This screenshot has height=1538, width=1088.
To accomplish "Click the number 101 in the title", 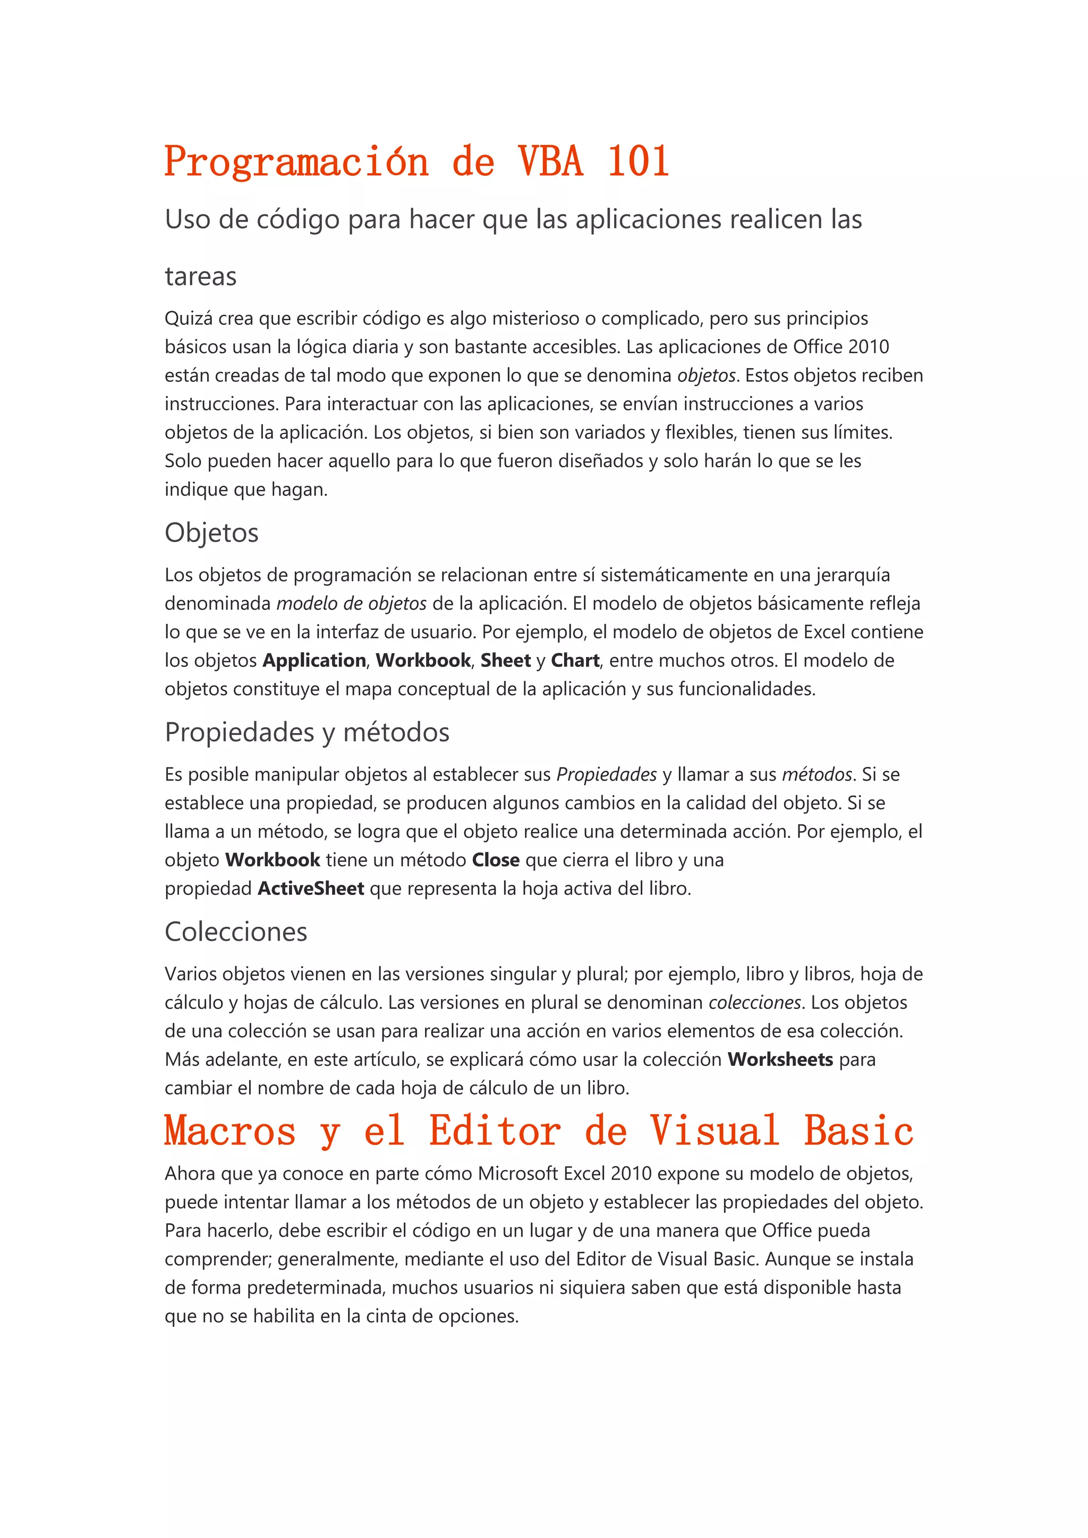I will tap(638, 161).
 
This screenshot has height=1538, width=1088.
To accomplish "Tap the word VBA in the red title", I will tap(550, 161).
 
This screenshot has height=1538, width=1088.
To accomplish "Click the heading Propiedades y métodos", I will tap(307, 732).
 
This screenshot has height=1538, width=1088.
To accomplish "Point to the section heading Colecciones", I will tap(236, 932).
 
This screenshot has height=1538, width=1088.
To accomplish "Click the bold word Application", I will tap(314, 661).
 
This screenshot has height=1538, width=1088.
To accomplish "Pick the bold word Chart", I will tap(575, 661).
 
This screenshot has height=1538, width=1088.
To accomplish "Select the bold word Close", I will tap(496, 860).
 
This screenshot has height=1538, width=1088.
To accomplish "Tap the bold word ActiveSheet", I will tap(311, 889).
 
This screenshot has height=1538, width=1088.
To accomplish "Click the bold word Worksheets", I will tap(780, 1059).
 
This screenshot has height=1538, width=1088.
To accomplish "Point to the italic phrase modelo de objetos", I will tap(352, 603).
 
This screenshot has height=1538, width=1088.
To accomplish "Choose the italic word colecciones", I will tap(755, 1003).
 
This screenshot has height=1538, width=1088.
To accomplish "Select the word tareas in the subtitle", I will tap(201, 277).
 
